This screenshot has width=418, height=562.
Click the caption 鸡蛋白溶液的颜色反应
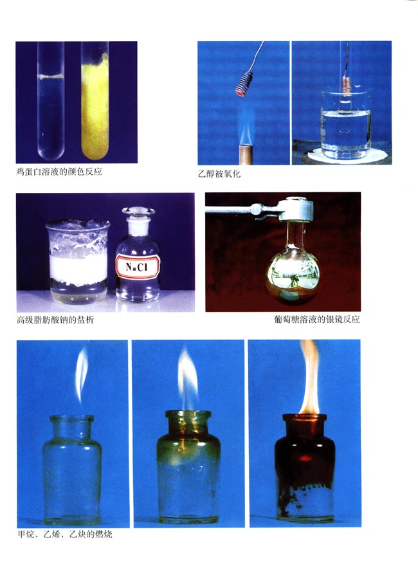pos(59,172)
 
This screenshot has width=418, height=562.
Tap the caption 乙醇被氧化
pos(219,174)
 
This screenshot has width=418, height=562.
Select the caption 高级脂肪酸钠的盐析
pos(55,320)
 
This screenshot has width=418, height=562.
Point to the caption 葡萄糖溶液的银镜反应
pos(317,319)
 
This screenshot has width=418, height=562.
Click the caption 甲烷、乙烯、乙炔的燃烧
pos(65,534)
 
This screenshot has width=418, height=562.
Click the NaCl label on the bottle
pos(138,266)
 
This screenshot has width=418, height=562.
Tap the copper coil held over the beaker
pos(347,86)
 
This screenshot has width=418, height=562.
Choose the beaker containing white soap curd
pos(78,262)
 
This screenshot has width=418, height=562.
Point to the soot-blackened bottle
pos(305,467)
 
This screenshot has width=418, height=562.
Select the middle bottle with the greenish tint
pos(188,467)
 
